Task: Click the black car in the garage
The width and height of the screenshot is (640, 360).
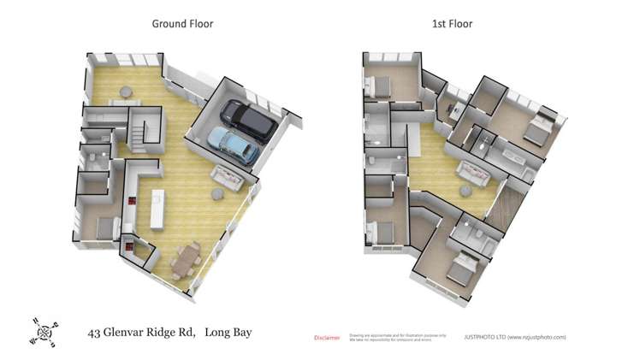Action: (247, 121)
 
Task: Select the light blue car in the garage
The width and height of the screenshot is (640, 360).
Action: (234, 146)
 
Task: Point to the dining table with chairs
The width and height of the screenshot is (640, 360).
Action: (186, 258)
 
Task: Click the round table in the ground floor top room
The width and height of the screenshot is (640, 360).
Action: (126, 91)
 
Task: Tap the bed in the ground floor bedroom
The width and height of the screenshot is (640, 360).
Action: (104, 227)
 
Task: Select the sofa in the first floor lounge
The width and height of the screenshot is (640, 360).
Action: (473, 172)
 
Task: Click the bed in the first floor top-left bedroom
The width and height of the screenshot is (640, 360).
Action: (377, 85)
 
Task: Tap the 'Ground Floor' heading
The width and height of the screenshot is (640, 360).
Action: (182, 24)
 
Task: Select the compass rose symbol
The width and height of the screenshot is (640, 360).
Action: (44, 329)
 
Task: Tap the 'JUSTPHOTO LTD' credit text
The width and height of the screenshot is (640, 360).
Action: (484, 337)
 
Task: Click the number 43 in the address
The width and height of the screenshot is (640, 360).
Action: (96, 332)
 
